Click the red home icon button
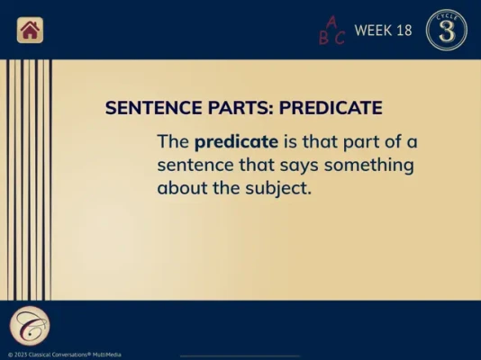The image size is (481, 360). click(30, 30)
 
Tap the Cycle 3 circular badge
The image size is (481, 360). click(447, 30)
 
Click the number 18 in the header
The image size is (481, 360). click(404, 31)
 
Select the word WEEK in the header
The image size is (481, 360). click(373, 31)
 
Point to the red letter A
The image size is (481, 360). click(331, 22)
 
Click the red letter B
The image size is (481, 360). click(323, 39)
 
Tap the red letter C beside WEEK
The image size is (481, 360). click(340, 39)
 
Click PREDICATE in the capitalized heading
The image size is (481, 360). click(331, 107)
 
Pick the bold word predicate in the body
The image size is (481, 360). click(236, 142)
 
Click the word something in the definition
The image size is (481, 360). click(369, 166)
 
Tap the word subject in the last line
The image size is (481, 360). click(278, 188)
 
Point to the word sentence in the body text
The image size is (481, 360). click(195, 166)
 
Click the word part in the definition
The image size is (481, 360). click(361, 142)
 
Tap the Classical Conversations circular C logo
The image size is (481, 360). click(30, 326)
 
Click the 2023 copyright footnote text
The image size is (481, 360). click(65, 355)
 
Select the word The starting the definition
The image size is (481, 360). click(173, 141)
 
